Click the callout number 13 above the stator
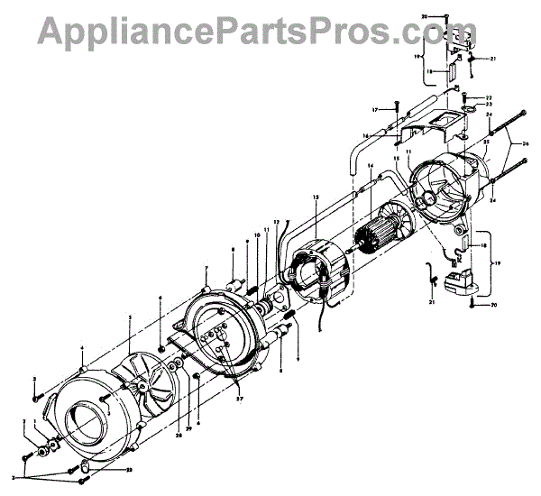(x=316, y=197)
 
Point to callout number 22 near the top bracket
(x=488, y=97)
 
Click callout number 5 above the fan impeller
(x=130, y=318)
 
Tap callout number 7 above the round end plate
(x=206, y=270)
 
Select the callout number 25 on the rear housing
(x=485, y=142)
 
